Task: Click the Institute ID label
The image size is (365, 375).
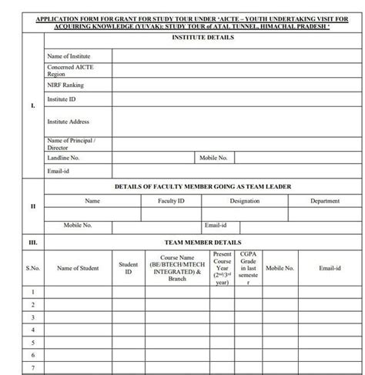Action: pos(62,100)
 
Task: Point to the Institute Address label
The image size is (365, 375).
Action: pos(68,122)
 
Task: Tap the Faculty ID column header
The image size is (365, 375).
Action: pos(170,200)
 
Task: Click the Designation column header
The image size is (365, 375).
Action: pos(245,200)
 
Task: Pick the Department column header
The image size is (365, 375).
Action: pos(324,200)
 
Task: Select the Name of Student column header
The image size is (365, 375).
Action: pos(77,268)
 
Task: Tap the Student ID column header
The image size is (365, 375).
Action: pos(128,268)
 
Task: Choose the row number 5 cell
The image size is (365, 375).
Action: pos(32,343)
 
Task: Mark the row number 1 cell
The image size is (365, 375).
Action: pos(32,292)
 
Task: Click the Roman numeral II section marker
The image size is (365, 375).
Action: pos(32,206)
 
